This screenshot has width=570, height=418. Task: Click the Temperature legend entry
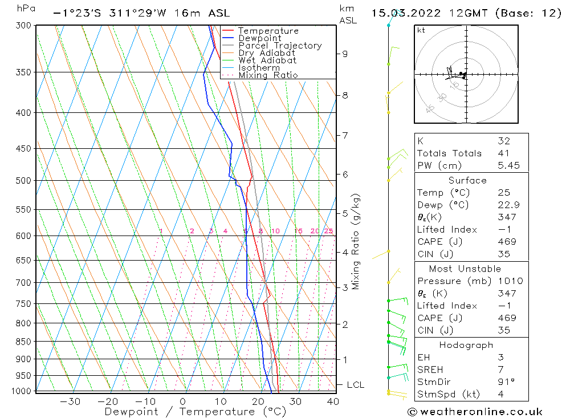(x=268, y=31)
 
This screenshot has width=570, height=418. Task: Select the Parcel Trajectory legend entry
(x=280, y=46)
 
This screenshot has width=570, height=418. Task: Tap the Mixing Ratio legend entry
(x=268, y=75)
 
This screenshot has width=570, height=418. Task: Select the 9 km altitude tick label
(x=345, y=54)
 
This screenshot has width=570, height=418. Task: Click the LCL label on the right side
(x=355, y=385)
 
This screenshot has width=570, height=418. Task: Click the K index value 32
(x=504, y=141)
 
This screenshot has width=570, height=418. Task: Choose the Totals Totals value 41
(x=504, y=153)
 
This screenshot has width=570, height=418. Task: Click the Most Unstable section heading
(x=465, y=269)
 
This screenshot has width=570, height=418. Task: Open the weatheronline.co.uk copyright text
(x=475, y=412)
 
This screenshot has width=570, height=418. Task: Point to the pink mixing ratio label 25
(x=328, y=231)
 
